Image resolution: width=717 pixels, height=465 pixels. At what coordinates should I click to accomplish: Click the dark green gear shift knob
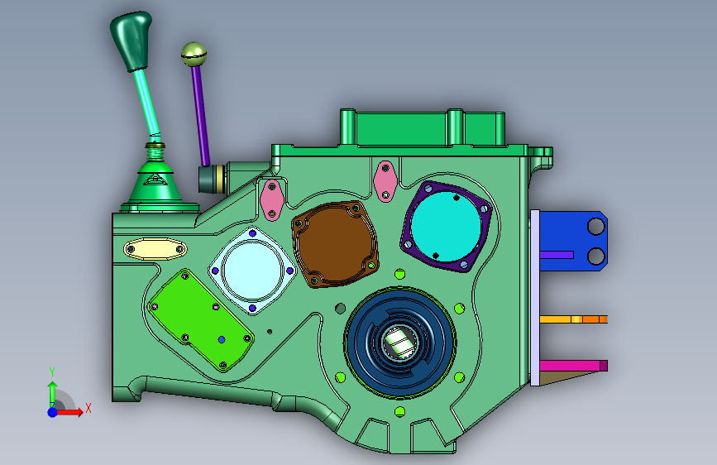coord(131,40)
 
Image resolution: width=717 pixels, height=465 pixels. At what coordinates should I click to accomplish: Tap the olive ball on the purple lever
coord(194,54)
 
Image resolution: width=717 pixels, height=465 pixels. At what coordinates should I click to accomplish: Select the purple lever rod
coord(201,115)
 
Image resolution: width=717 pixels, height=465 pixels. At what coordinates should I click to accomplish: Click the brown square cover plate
coord(335,244)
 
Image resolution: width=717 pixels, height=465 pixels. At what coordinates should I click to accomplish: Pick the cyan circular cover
coord(446,226)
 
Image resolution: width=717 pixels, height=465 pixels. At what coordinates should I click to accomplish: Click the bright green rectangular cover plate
coord(201,320)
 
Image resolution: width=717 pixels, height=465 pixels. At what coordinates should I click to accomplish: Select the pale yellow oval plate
coord(155,249)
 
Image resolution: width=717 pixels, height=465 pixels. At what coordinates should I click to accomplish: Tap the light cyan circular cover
coord(252,271)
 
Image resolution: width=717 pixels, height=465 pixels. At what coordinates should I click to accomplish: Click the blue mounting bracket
coord(573,241)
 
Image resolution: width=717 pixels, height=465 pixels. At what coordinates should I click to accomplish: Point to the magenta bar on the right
coord(573,365)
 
